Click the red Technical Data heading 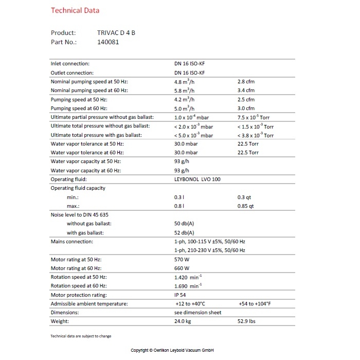(x=75, y=10)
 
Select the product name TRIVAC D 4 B (x=116, y=33)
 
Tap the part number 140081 (x=108, y=42)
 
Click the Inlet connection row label (x=70, y=64)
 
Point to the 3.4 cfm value (x=246, y=91)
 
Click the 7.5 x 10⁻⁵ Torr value (x=255, y=117)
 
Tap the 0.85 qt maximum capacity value (x=245, y=206)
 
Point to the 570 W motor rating (x=183, y=259)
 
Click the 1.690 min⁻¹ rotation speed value (x=188, y=285)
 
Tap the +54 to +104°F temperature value (x=262, y=303)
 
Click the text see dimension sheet (x=197, y=312)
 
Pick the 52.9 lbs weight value (x=247, y=321)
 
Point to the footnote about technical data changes (x=80, y=336)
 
